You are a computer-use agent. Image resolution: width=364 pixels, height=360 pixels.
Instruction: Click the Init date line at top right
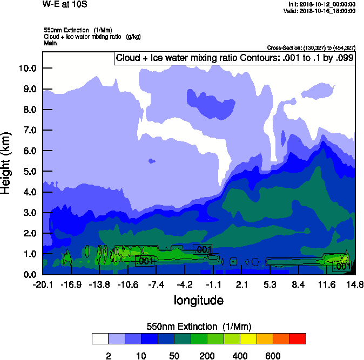click(x=322, y=4)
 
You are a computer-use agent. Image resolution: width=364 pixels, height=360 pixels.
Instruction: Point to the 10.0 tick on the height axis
click(x=27, y=68)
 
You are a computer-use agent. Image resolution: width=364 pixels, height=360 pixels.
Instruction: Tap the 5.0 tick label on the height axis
click(x=29, y=172)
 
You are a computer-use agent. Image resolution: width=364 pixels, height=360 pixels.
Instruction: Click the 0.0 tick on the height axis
click(x=29, y=274)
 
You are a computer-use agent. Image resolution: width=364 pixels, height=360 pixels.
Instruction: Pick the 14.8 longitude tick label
click(x=355, y=284)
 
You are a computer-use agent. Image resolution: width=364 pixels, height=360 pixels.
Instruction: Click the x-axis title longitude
click(x=198, y=300)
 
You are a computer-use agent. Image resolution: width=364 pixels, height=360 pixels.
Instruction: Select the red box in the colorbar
click(x=298, y=339)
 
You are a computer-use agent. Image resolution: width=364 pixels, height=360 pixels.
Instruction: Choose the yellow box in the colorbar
click(x=248, y=339)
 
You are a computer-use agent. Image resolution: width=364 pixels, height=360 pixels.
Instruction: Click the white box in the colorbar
click(x=100, y=339)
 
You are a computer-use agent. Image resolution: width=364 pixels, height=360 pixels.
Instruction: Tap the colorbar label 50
click(x=174, y=356)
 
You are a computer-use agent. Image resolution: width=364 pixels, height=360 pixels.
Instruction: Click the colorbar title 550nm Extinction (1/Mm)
click(x=199, y=327)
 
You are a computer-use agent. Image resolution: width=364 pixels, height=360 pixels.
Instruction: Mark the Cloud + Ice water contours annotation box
click(x=234, y=58)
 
